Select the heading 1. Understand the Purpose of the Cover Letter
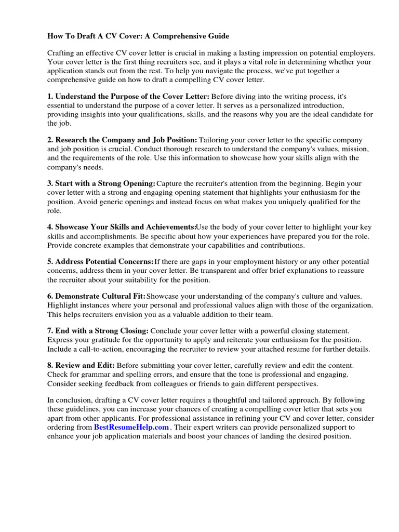tap(128, 97)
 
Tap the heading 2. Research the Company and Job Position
tap(122, 140)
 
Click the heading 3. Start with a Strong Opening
tap(101, 184)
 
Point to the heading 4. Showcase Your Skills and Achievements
tap(122, 228)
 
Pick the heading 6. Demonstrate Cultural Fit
tap(97, 296)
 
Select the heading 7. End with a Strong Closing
tap(98, 331)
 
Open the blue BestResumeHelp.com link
tap(131, 427)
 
